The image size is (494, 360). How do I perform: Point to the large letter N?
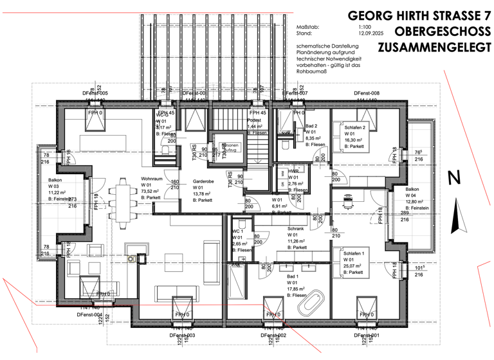(453, 177)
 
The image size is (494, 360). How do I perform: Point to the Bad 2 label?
(312, 126)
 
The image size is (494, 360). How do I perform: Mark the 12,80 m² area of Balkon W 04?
(416, 202)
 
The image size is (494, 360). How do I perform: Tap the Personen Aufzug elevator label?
(230, 147)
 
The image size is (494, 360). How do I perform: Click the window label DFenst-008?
(367, 94)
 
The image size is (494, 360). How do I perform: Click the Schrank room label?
(297, 229)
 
